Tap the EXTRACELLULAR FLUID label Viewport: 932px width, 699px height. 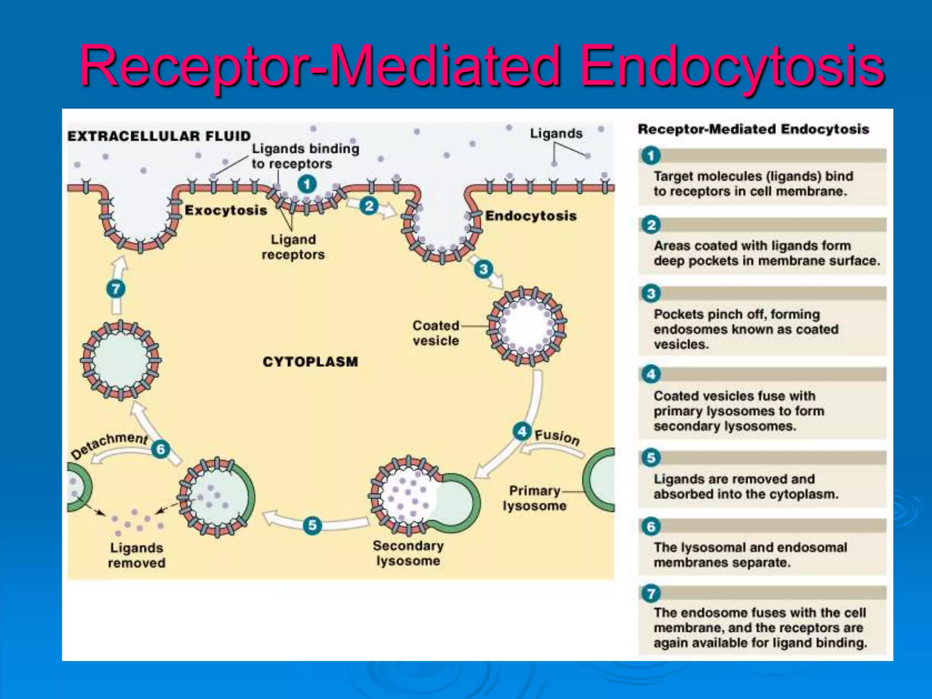pos(159,136)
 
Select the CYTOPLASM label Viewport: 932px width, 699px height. pos(310,362)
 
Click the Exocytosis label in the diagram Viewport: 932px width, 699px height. pos(226,210)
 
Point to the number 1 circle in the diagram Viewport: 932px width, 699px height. pos(307,184)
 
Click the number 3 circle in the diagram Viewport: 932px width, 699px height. pos(483,269)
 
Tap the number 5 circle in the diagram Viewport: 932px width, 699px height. pos(312,525)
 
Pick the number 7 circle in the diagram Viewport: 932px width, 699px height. pos(116,289)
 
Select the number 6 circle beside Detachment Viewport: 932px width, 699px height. pos(161,449)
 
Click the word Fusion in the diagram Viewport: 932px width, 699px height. pos(557,437)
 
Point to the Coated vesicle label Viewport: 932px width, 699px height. pos(436,333)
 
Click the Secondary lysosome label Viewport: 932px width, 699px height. pos(408,553)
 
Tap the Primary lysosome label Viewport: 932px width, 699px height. pos(535,498)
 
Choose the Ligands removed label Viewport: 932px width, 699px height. pos(137,555)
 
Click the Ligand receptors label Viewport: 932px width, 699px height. pos(293,247)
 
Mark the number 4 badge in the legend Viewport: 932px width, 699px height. pos(651,375)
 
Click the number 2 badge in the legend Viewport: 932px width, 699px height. pos(651,225)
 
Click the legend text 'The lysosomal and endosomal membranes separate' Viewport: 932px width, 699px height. pos(750,555)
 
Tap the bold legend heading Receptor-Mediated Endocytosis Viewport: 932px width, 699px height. pos(753,129)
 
